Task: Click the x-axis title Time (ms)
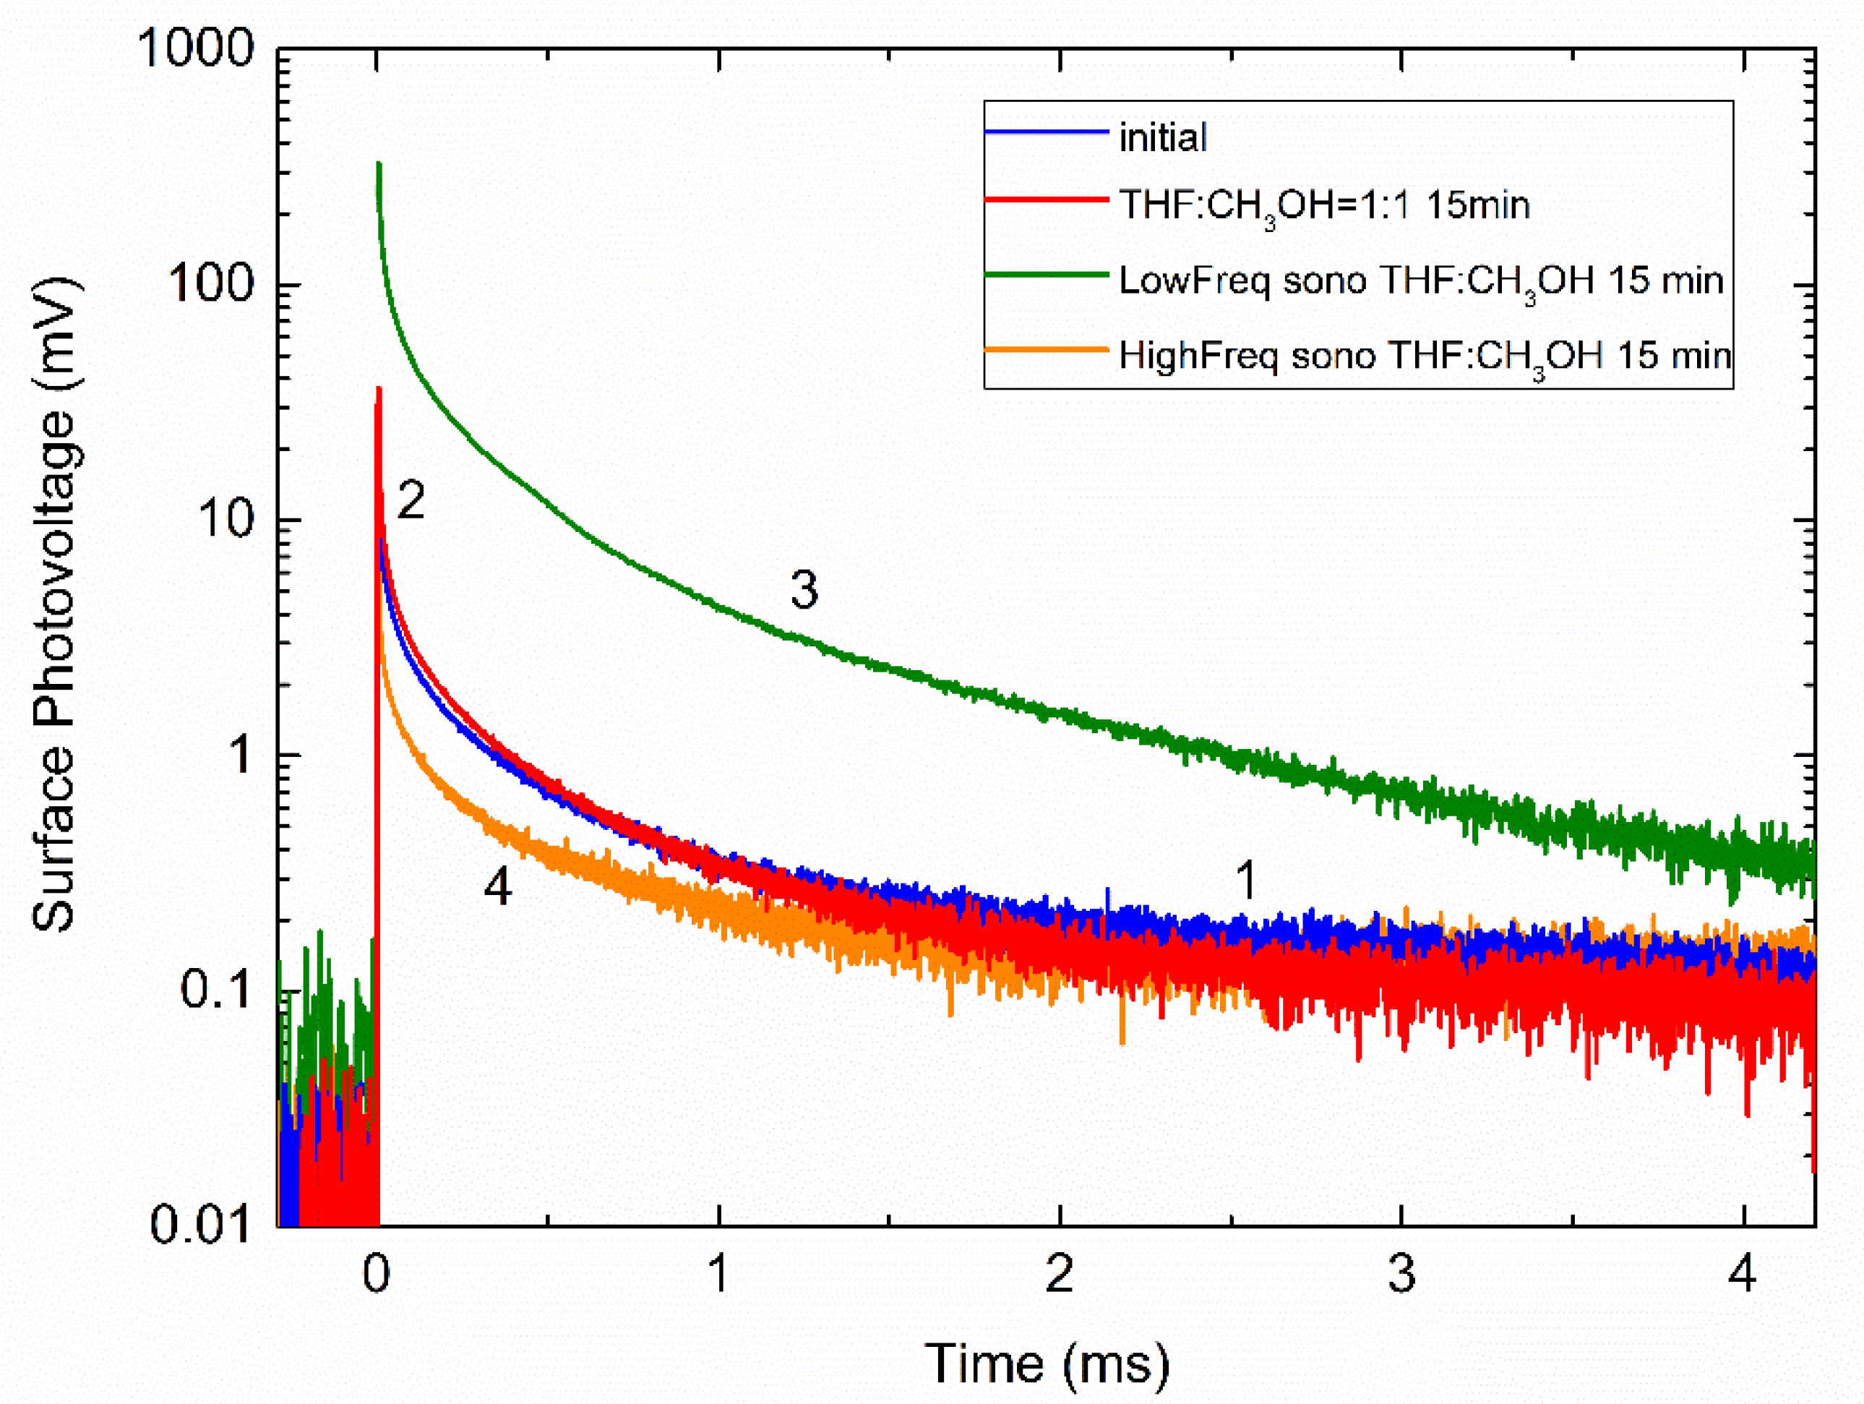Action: tap(1047, 1362)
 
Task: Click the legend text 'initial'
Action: tap(1162, 137)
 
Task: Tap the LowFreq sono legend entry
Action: tap(1421, 281)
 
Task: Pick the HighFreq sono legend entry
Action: tap(1424, 356)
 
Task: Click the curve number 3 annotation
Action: tap(804, 589)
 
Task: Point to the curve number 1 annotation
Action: tap(1246, 881)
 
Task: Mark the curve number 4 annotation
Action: tap(497, 886)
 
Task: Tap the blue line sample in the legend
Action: tap(1047, 132)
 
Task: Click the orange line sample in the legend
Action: tap(1047, 350)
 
